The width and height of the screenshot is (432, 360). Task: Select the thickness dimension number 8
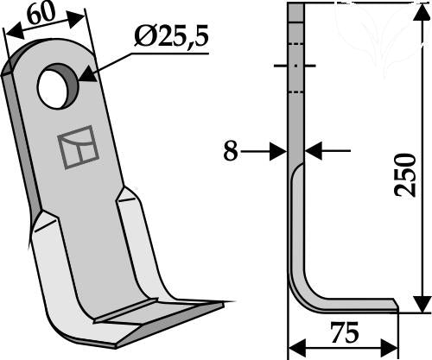click(x=231, y=151)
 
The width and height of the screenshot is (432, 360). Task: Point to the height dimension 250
click(x=405, y=175)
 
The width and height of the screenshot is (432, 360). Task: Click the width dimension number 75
click(x=345, y=333)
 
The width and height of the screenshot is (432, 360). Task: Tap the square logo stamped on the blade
click(x=78, y=147)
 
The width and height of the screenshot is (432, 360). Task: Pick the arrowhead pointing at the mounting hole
click(x=87, y=74)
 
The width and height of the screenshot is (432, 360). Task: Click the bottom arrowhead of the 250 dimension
click(x=422, y=304)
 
